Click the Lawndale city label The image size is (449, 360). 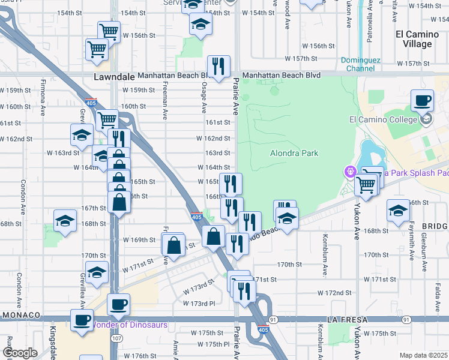click(x=113, y=77)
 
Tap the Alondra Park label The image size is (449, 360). click(x=294, y=154)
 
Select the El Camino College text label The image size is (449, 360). click(x=383, y=119)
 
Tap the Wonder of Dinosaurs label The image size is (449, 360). click(x=129, y=325)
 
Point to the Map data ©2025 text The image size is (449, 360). click(x=423, y=355)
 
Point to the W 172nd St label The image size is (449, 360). click(x=334, y=293)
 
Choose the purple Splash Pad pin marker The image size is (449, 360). click(x=350, y=172)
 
